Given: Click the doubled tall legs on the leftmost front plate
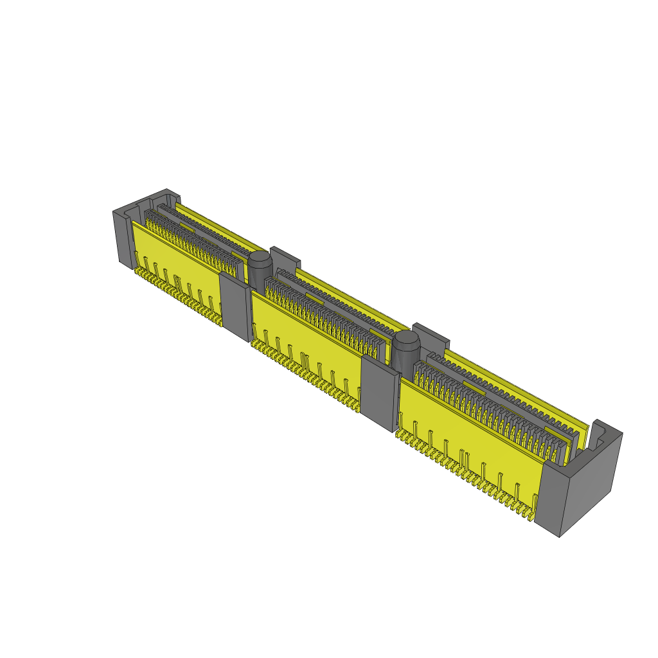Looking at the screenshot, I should point(177,283).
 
